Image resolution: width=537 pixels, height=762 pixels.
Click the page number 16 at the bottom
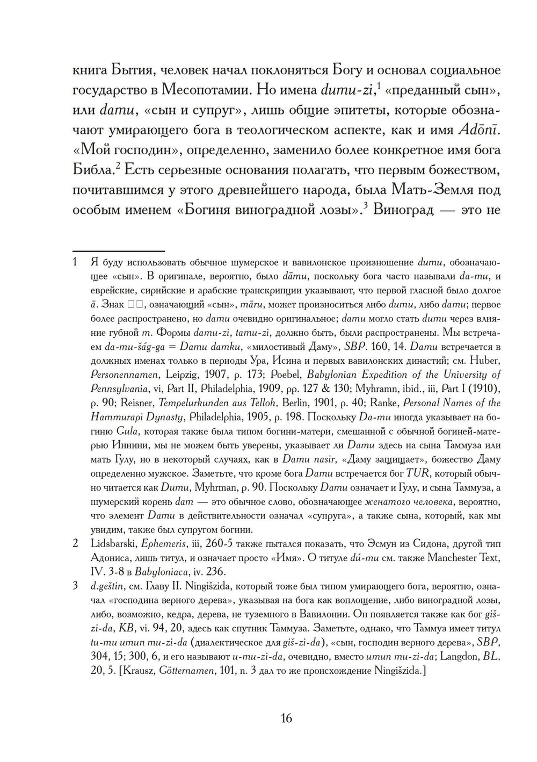click(x=286, y=718)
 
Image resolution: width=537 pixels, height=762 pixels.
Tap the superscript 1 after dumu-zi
click(x=379, y=85)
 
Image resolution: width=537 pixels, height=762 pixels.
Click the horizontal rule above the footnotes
click(x=118, y=251)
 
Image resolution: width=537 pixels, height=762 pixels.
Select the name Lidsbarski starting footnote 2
click(x=113, y=543)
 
